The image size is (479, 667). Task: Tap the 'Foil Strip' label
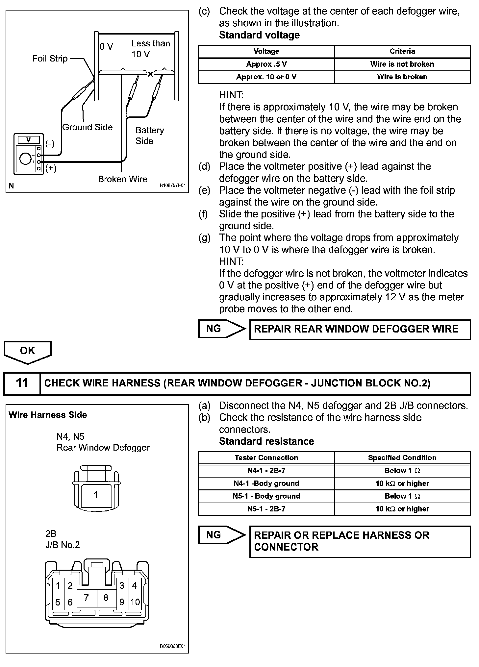tap(50, 59)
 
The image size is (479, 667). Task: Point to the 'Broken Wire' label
tap(122, 179)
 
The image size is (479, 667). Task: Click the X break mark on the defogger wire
tap(150, 74)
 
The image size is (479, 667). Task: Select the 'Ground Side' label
tap(88, 127)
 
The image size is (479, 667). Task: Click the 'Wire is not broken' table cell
tap(402, 64)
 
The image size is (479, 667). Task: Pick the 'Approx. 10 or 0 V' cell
tap(266, 77)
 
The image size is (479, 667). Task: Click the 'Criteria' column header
tap(402, 51)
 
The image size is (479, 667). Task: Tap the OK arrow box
tap(28, 351)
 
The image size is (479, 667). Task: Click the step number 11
tap(22, 383)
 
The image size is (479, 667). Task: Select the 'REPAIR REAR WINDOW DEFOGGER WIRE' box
tap(360, 329)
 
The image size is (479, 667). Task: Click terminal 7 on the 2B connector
tap(86, 598)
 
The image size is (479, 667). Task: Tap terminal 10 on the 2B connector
tap(135, 602)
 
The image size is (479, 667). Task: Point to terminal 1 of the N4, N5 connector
tap(96, 495)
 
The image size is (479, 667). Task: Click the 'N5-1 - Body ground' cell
tap(266, 496)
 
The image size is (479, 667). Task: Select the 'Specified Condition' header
tap(402, 458)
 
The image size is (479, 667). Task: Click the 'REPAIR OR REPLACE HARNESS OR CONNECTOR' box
tap(360, 541)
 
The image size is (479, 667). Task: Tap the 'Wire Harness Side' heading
tap(48, 415)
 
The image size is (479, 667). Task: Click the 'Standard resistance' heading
tap(266, 441)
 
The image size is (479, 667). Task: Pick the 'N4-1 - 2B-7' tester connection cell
tap(266, 471)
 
